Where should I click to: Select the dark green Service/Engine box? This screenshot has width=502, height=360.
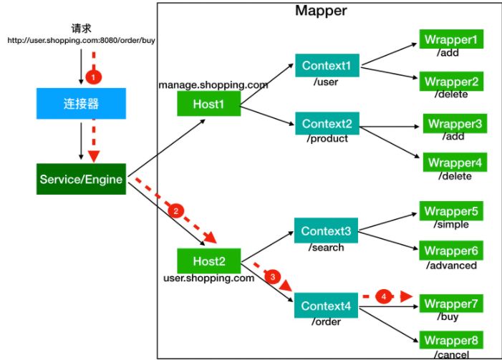click(x=82, y=180)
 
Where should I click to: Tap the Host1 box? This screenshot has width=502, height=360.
click(x=208, y=104)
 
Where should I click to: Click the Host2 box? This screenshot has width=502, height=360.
click(x=208, y=261)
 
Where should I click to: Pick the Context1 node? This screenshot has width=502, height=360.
click(x=327, y=66)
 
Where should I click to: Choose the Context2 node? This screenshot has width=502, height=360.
click(x=327, y=123)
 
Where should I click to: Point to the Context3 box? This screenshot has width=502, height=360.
click(x=326, y=231)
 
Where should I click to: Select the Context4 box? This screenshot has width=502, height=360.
click(x=326, y=306)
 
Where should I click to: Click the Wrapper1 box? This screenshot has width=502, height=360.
click(x=450, y=39)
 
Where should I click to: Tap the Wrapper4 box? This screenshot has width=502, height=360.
click(x=455, y=162)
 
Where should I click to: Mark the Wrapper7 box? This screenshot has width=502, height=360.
click(x=450, y=304)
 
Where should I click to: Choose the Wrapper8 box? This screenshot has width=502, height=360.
click(x=450, y=340)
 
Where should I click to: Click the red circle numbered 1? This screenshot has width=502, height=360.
click(x=90, y=75)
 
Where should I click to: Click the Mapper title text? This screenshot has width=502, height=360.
click(x=320, y=11)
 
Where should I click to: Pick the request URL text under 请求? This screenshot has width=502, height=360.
click(x=81, y=41)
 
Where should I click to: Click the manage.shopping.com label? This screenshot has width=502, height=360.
click(x=213, y=85)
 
